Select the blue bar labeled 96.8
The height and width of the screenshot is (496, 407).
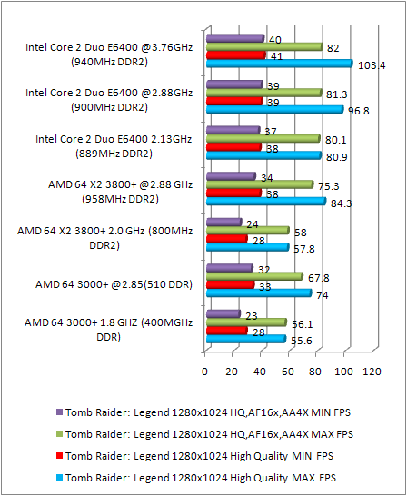pos(273,110)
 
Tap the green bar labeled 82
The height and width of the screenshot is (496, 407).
pos(263,46)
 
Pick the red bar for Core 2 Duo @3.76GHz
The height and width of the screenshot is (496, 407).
pos(234,55)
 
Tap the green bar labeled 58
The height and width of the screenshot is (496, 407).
pos(246,231)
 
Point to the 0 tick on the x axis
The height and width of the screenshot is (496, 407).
pos(205,372)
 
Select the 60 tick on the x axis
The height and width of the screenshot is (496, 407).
pos(288,372)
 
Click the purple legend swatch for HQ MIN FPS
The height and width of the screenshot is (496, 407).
pos(59,410)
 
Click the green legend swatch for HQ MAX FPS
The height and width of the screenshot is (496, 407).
pos(59,432)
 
